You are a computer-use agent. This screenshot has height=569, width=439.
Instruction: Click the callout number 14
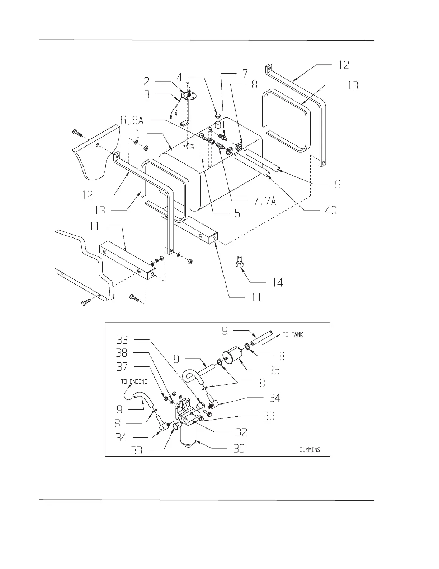(x=278, y=282)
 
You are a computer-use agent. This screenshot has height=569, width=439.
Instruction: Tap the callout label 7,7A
(x=265, y=201)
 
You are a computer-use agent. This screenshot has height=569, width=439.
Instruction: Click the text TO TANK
(x=293, y=334)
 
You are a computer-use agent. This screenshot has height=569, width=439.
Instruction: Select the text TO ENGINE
(x=134, y=381)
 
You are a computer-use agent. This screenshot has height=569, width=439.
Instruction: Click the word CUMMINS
(x=310, y=449)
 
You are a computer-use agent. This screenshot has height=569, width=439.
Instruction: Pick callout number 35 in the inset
(x=274, y=370)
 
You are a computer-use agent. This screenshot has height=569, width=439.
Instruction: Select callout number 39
(x=239, y=448)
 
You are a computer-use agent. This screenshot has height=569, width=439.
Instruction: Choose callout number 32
(x=241, y=432)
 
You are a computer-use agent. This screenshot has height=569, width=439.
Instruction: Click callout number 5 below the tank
(x=237, y=213)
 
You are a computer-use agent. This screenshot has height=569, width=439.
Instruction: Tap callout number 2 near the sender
(x=147, y=81)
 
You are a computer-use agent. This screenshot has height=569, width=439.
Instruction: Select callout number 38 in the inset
(x=122, y=353)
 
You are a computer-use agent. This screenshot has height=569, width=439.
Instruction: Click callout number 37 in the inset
(x=122, y=367)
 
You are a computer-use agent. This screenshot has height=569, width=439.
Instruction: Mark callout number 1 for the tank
(x=138, y=134)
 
